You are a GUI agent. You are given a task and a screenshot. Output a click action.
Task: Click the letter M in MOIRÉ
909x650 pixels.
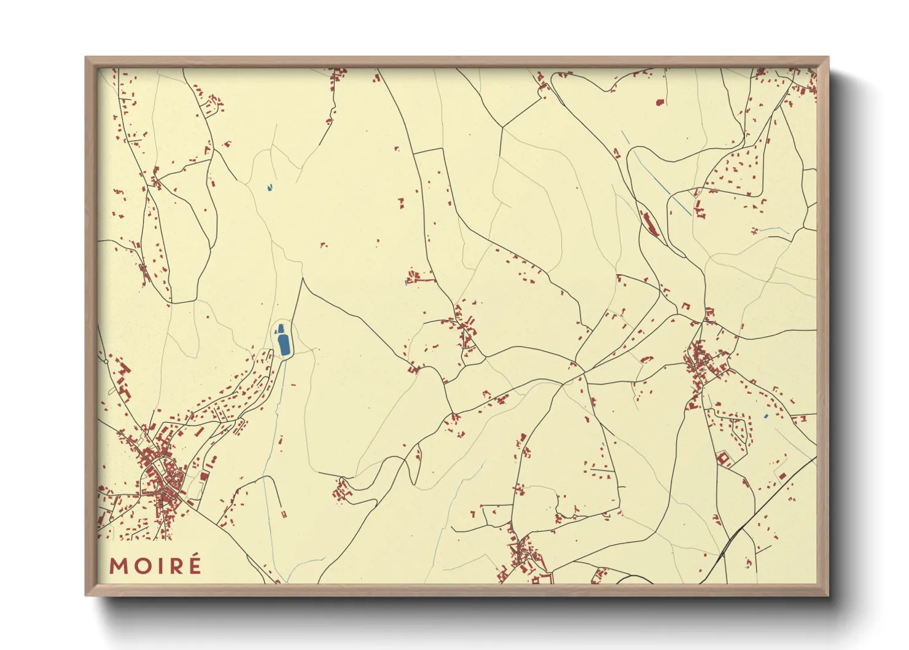(119, 566)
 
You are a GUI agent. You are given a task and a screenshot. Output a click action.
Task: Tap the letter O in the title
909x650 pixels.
(141, 566)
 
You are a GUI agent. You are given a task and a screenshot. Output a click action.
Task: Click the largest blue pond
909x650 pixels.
(284, 345)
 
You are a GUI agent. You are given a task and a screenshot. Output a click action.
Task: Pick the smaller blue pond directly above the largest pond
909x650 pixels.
(281, 329)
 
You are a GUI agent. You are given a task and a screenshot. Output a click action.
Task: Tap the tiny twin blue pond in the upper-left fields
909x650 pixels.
(269, 187)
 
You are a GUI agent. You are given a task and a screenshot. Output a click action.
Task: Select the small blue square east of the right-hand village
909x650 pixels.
(765, 417)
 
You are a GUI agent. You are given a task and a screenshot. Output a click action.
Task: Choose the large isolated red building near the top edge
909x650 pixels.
(660, 103)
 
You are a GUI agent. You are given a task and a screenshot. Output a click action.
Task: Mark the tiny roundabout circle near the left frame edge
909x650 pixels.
(106, 361)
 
